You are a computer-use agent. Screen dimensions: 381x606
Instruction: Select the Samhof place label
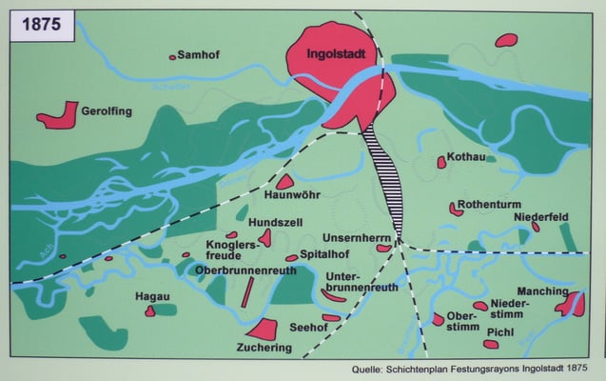click(x=198, y=55)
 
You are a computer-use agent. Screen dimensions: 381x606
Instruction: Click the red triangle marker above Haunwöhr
click(x=284, y=181)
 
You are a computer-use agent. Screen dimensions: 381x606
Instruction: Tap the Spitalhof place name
click(x=325, y=255)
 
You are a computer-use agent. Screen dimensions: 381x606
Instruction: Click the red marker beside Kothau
click(x=441, y=163)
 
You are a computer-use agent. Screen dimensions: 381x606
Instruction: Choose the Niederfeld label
click(x=540, y=217)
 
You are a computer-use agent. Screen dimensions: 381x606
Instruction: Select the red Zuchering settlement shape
click(x=262, y=330)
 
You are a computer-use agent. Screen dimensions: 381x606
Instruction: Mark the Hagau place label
click(x=151, y=296)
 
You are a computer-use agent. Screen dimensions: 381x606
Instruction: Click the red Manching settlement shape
click(x=571, y=305)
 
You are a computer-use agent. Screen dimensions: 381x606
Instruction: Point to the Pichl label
click(x=500, y=332)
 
